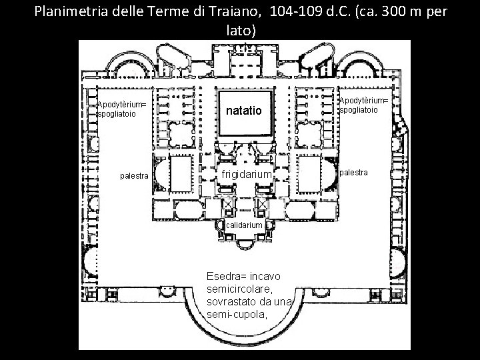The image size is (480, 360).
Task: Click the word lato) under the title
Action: point(239,31)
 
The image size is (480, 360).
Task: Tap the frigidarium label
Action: point(247,174)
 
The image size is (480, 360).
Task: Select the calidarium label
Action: point(245,225)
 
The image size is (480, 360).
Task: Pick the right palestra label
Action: point(355,173)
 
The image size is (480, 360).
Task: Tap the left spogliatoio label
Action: point(117,114)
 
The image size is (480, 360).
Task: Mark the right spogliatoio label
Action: point(358,109)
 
